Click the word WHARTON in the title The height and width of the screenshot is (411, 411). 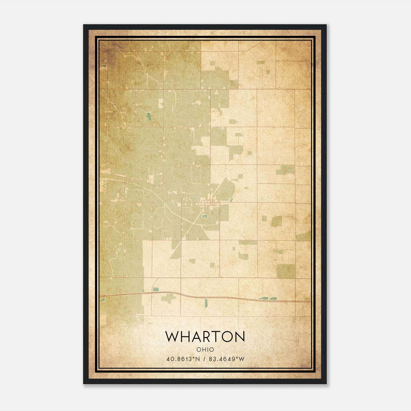[205, 337]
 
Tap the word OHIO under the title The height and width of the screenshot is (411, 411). [205, 350]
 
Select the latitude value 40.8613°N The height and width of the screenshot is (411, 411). [183, 359]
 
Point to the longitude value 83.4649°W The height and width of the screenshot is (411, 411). [227, 359]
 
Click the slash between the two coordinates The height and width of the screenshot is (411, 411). [204, 359]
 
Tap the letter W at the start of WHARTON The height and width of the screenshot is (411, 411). [172, 337]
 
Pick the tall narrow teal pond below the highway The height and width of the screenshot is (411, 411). [206, 303]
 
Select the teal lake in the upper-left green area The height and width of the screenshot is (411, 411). [148, 117]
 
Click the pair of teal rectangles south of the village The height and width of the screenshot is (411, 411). [205, 217]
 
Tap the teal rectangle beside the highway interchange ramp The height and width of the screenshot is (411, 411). [156, 289]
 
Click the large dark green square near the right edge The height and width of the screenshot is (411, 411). [286, 271]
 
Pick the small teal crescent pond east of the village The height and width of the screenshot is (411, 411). [231, 200]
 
